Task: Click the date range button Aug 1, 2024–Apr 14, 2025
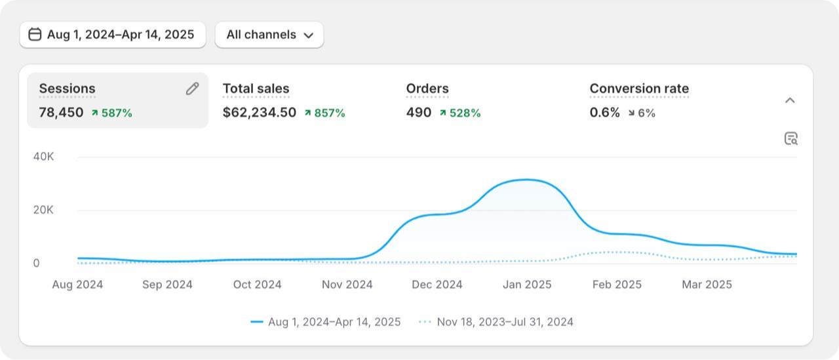113,35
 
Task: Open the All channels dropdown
269,35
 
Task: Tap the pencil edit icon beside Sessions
192,89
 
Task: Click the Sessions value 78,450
61,112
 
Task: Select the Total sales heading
256,89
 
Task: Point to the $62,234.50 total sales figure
260,112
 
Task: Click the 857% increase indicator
325,113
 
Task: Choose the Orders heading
427,89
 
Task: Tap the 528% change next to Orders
460,113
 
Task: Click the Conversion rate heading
639,89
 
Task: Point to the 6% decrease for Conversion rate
642,113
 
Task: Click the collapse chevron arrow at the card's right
790,100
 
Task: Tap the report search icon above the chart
791,138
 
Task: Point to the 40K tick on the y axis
43,157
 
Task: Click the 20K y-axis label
43,210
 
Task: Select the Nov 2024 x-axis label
347,285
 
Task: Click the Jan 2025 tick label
527,285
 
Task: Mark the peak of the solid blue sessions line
526,180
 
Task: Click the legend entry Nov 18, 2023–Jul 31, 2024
496,322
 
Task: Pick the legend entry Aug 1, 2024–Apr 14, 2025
326,322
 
